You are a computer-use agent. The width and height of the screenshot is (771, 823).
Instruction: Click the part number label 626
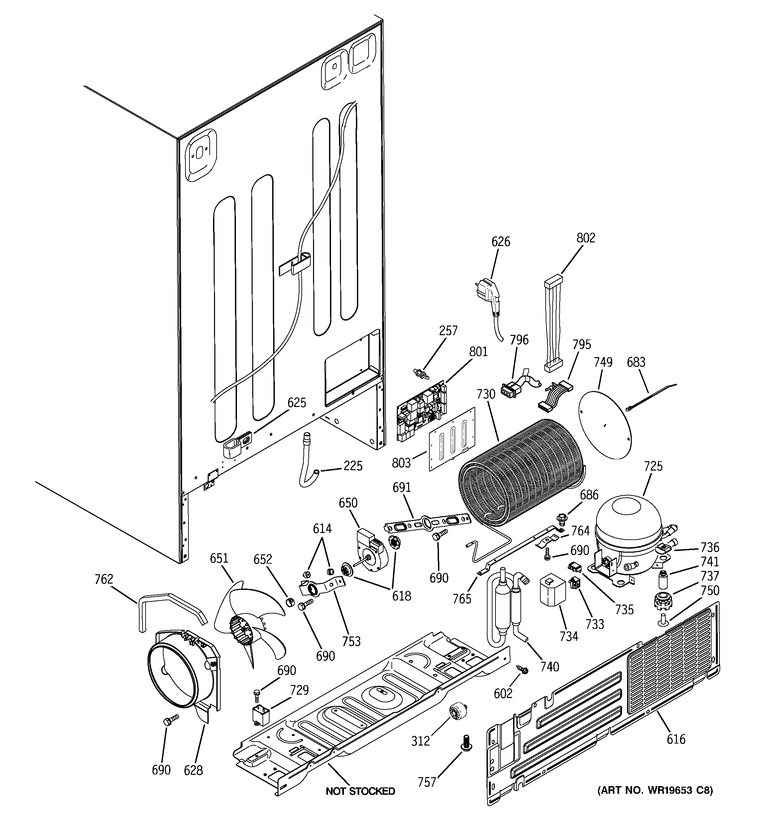[x=500, y=241]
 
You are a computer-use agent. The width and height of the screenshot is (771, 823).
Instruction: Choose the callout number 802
[x=585, y=238]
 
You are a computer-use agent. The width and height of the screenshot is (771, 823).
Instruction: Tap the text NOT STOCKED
[x=360, y=791]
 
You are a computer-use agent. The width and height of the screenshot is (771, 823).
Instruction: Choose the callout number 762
[x=103, y=579]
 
